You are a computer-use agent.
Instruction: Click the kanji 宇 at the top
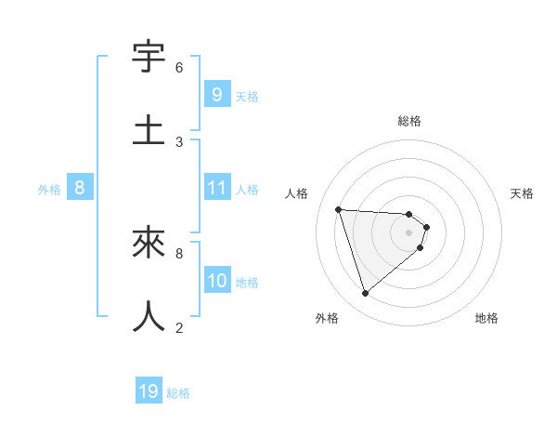point(149,57)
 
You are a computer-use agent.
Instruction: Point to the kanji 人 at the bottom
point(149,315)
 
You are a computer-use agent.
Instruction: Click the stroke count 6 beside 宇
point(179,68)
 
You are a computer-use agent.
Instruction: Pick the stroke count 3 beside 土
point(179,141)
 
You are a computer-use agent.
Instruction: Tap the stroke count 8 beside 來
point(179,252)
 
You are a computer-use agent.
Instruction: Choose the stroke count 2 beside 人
point(179,326)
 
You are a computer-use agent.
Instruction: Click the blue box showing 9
point(216,94)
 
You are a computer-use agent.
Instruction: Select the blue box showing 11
point(216,188)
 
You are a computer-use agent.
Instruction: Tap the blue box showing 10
point(216,280)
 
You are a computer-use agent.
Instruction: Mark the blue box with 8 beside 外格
point(80,188)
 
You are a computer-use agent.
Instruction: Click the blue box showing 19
point(149,391)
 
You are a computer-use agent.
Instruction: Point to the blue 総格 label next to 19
point(178,393)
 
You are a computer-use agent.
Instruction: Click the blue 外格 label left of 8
point(49,190)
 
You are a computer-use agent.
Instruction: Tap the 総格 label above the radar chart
point(409,121)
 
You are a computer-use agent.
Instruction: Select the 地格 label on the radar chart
point(486,318)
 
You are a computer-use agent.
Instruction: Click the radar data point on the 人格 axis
point(339,209)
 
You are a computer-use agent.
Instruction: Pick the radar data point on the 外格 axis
point(365,294)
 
